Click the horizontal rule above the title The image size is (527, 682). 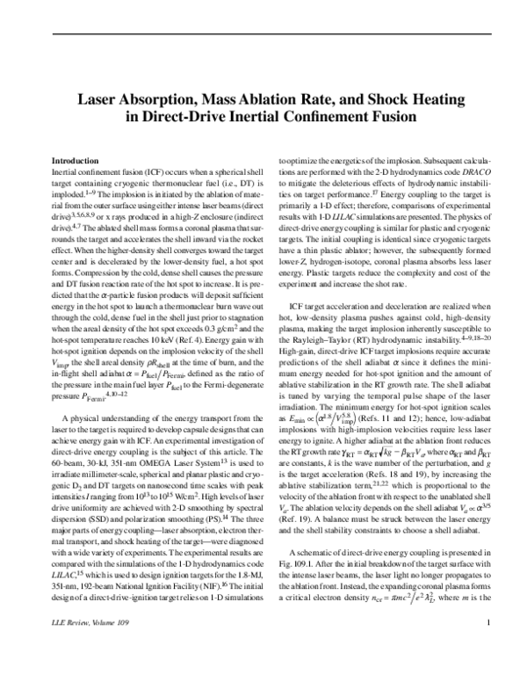click(x=263, y=33)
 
